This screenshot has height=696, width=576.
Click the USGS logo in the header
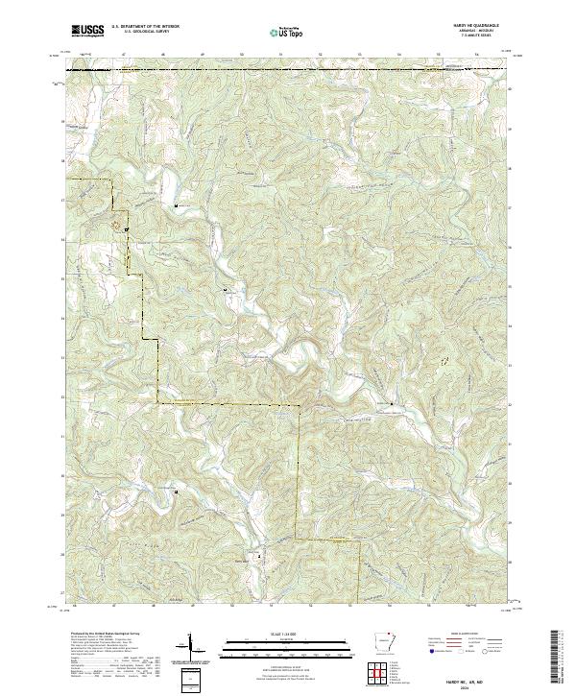[87, 31]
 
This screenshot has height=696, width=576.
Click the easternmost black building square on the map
[391, 405]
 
